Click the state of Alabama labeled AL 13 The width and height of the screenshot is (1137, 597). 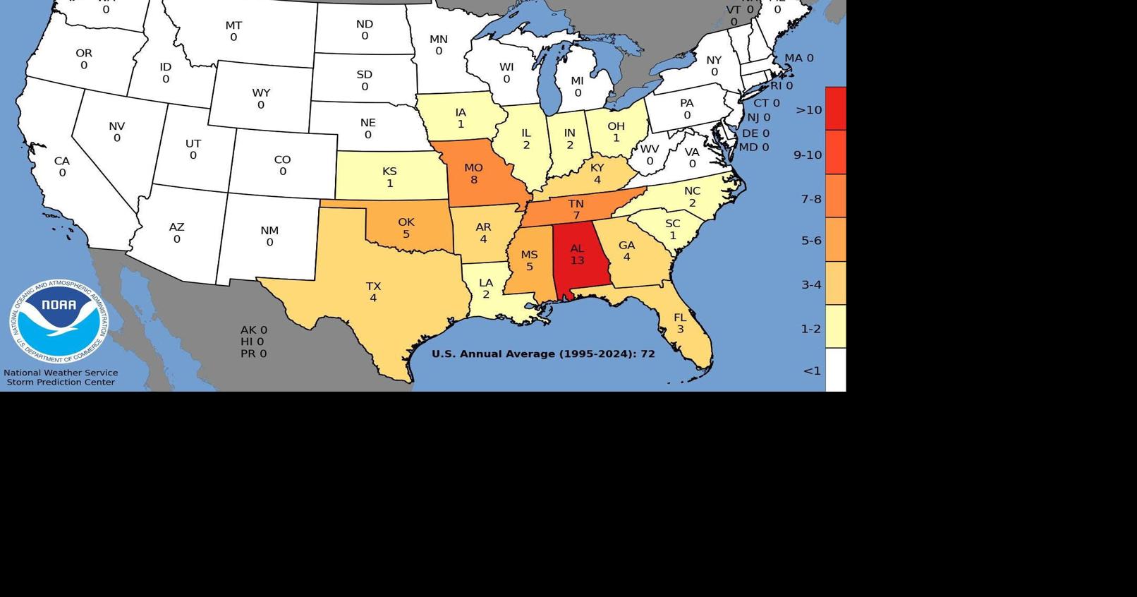pos(577,255)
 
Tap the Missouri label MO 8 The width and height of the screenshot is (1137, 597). pos(473,174)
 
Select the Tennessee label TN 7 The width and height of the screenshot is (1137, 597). pos(576,210)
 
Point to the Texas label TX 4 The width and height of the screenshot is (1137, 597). pos(373,292)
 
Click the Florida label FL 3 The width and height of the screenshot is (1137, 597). pos(680,323)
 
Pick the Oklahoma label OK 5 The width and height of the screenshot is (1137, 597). pos(406,228)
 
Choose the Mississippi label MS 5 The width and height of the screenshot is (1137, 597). pos(529,260)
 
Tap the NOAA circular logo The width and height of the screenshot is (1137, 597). pos(59,322)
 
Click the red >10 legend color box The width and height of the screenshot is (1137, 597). pos(835,108)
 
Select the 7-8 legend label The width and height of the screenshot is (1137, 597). pos(810,199)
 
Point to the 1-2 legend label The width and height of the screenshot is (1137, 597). pos(810,329)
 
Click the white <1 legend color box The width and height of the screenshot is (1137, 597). pos(835,370)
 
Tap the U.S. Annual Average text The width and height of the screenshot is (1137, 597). pos(543,354)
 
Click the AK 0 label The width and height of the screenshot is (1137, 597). pos(253,330)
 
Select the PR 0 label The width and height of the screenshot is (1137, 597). pos(253,354)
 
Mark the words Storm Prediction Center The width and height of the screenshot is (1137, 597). pos(61,382)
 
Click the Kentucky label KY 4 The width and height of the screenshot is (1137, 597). pos(597,174)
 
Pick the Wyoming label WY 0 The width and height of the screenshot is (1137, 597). pos(261,99)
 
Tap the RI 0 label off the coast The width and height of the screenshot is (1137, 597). pos(781,85)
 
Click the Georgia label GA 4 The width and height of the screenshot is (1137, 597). pos(626,251)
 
